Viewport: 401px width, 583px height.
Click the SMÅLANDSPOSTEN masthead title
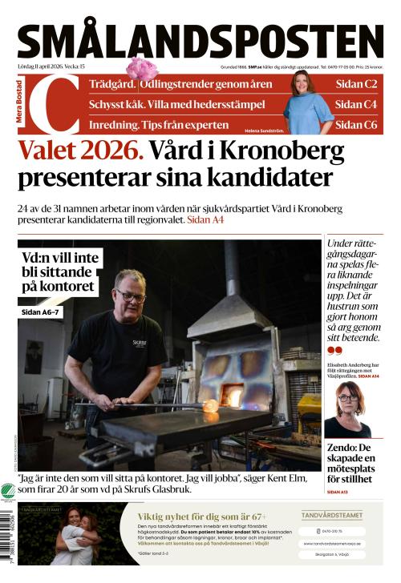[200, 40]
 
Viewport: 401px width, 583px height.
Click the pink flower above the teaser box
[142, 68]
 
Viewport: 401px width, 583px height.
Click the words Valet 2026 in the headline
[81, 151]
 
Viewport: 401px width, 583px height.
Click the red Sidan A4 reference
[205, 219]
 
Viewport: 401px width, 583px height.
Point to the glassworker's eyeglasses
[131, 296]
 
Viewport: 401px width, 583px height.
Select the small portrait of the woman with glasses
[347, 408]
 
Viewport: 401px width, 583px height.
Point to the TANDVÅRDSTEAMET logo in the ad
[331, 516]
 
